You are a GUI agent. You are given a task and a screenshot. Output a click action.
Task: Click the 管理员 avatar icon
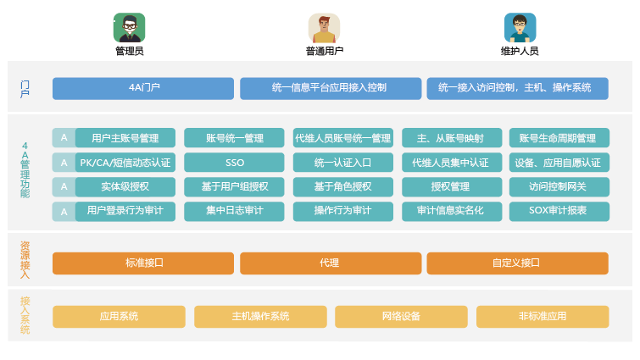pos(129,27)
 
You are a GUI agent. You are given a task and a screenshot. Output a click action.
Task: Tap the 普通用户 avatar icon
pos(324,27)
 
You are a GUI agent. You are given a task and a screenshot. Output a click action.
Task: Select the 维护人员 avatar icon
pos(520,27)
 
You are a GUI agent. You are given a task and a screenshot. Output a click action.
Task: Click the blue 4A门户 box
pos(143,88)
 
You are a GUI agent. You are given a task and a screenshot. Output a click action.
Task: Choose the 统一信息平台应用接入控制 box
pos(330,88)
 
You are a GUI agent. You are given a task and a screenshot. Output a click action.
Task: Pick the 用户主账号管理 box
pos(125,138)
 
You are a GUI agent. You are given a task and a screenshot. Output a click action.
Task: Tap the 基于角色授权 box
pos(342,186)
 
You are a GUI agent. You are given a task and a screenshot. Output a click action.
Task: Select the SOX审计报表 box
pos(559,210)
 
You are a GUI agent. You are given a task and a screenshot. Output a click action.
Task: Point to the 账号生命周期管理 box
pos(559,138)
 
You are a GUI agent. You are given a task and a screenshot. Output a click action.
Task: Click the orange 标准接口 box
pos(143,263)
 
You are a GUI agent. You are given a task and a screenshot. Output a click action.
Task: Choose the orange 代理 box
pos(330,263)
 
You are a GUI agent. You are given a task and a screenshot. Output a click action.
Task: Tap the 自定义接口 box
pos(517,263)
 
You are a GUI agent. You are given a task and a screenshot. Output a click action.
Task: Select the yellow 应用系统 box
pos(119,317)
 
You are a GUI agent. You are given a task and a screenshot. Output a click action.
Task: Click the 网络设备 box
pos(401,317)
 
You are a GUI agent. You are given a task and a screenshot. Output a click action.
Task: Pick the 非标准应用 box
pos(543,317)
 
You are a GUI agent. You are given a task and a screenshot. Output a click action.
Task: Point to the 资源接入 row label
pos(25,260)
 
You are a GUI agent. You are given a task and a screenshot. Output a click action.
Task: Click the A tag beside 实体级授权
pos(64,186)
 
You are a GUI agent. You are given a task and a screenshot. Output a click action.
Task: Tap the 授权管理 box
pos(450,186)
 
